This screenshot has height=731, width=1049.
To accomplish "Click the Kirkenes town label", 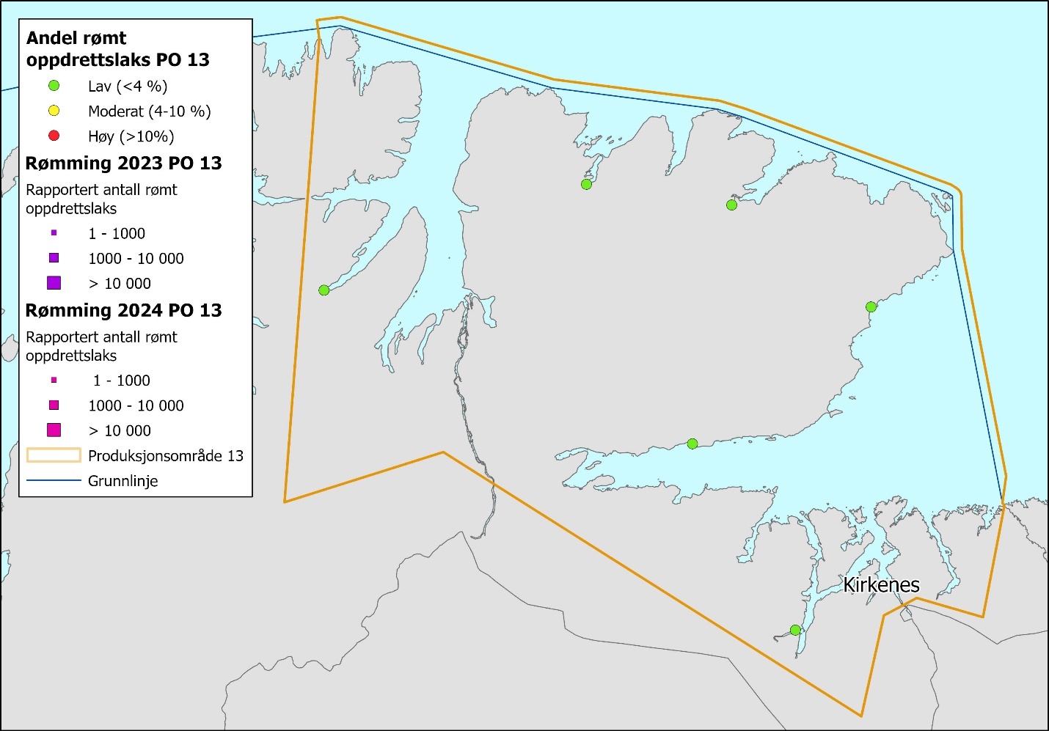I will point(881,584).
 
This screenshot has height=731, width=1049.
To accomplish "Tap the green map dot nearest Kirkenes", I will point(795,630).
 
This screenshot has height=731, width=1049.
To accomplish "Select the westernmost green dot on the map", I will point(324,290).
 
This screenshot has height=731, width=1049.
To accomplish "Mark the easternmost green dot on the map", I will point(871,307).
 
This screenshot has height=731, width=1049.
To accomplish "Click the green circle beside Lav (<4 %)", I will point(54,86).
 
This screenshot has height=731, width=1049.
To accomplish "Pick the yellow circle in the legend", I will point(54,111).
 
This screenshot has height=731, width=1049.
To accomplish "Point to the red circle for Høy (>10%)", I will point(54,136).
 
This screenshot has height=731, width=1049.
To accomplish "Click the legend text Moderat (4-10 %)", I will point(149,111).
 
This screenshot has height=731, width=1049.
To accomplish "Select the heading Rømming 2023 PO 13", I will point(123,163).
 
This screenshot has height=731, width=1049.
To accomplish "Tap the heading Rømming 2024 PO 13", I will point(123,310).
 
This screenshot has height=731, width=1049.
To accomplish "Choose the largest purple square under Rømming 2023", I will point(54,283).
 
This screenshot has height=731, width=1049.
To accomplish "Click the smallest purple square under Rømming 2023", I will point(54,233).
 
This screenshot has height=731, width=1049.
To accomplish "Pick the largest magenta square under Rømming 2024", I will point(54,430).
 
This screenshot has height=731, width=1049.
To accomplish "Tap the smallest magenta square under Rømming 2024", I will point(54,381).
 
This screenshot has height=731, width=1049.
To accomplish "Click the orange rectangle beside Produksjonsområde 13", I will point(54,455).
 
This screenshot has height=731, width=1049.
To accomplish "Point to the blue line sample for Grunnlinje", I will point(54,481).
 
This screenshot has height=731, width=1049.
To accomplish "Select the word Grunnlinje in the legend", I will point(123,481).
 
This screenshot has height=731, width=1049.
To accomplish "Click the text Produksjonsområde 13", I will point(165,456).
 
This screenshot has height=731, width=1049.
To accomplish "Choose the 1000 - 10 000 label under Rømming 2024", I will point(136,405).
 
